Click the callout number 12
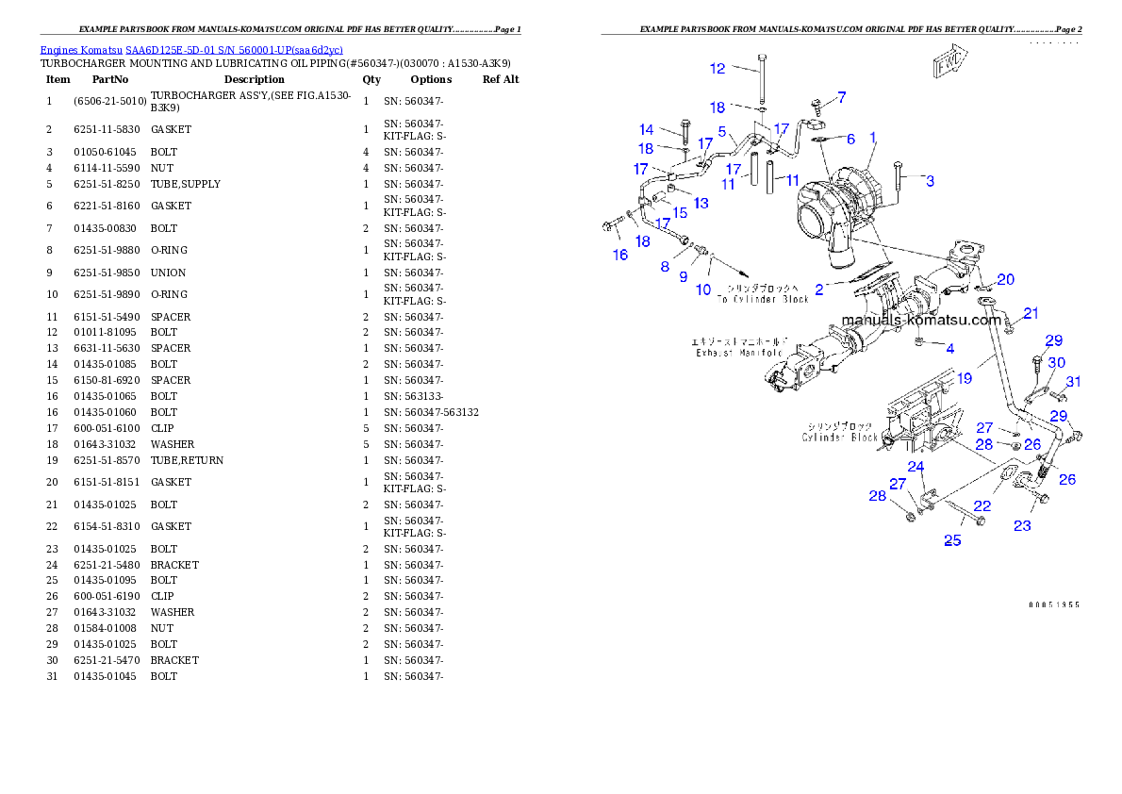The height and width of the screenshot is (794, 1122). point(718,68)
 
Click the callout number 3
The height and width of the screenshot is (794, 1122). point(930,180)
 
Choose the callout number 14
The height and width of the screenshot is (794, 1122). point(646,129)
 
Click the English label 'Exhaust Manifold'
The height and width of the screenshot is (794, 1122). point(739,353)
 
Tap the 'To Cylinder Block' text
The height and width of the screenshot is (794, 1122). point(763,299)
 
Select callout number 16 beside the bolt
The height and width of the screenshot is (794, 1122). point(619,256)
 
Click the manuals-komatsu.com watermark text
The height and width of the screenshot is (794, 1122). point(921,320)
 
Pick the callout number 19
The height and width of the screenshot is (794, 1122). point(964,378)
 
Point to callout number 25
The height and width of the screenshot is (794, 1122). point(952,540)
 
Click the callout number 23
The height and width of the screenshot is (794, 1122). point(1022,525)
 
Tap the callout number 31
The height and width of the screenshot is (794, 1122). point(1073,381)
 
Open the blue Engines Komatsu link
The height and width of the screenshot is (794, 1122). point(191,49)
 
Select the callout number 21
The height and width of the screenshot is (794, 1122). point(1031,313)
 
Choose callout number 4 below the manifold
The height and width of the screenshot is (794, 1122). point(949,349)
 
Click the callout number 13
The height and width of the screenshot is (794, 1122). point(701,203)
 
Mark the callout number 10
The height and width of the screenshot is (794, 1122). point(703,289)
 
